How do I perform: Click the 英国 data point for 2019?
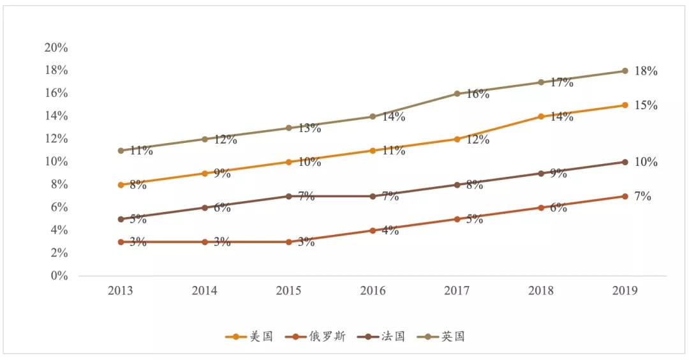625,71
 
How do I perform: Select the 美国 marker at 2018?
541,116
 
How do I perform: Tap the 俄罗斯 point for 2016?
373,230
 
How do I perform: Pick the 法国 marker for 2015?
288,196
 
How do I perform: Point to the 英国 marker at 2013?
121,151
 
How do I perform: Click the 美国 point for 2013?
121,185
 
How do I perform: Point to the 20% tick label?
56,48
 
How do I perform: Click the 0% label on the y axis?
59,276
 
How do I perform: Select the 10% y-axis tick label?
56,162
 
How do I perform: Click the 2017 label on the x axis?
457,291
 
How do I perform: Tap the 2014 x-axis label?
204,291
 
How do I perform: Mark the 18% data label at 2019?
646,71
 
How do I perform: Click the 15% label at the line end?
646,105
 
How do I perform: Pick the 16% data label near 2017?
477,94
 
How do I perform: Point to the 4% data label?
390,231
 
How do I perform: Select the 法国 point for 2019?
625,162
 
